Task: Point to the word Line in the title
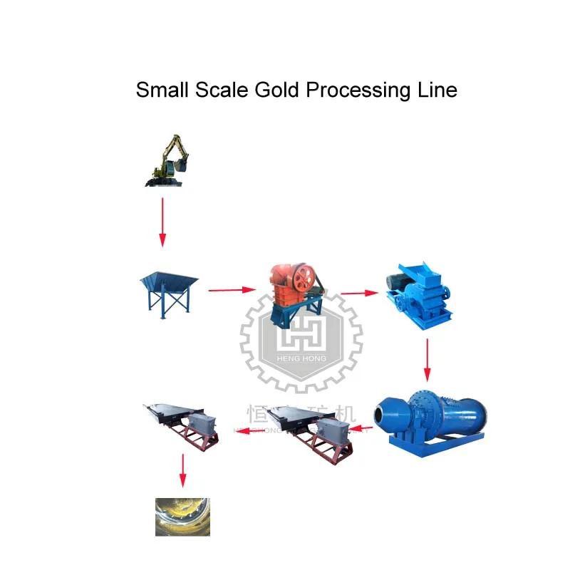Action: [437, 91]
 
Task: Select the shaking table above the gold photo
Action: [182, 425]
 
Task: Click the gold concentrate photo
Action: [183, 516]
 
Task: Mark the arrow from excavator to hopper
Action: [162, 222]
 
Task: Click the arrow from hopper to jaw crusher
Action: [232, 290]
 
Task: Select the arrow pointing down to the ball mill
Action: [427, 360]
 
